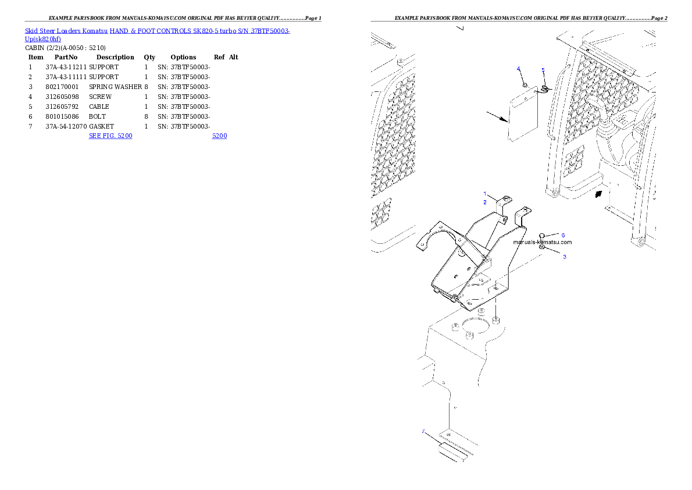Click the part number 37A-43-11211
click(x=66, y=67)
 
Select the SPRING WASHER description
click(x=115, y=87)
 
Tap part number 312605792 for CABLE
click(x=62, y=106)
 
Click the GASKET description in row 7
click(x=102, y=126)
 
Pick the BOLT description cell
click(x=97, y=116)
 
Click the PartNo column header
click(x=66, y=57)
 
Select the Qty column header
click(x=149, y=58)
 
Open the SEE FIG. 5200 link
click(x=110, y=136)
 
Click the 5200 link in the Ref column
click(x=219, y=136)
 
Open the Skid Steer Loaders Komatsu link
click(x=66, y=31)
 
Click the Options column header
click(x=183, y=58)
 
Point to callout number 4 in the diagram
click(x=519, y=69)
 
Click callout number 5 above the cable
click(x=543, y=70)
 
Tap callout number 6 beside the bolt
click(x=563, y=235)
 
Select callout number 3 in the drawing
click(x=565, y=257)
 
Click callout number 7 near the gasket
click(x=423, y=431)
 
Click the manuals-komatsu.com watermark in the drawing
click(x=543, y=242)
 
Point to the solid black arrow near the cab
click(x=598, y=194)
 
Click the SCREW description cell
click(x=100, y=97)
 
